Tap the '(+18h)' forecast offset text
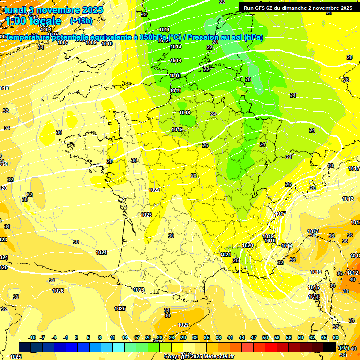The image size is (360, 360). click(x=81, y=21)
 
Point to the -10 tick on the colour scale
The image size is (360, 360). click(x=32, y=337)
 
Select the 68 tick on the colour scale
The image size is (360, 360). click(x=336, y=337)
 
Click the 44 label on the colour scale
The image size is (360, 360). click(x=242, y=337)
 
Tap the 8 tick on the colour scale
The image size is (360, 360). click(x=100, y=337)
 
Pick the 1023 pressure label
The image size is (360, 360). click(x=146, y=215)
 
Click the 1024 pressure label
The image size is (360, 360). click(x=101, y=252)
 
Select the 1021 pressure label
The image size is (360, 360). click(x=225, y=255)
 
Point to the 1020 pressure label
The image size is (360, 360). click(x=248, y=245)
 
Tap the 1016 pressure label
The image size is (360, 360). click(x=175, y=90)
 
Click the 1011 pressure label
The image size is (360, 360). click(x=164, y=30)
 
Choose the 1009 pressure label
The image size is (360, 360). click(x=91, y=42)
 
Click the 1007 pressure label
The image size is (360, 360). click(x=63, y=42)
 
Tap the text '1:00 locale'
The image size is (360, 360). click(x=33, y=21)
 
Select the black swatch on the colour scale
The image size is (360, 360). click(x=330, y=347)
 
